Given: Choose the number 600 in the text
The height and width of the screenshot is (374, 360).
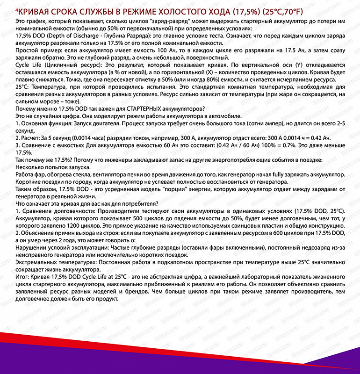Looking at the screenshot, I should [285, 232].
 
